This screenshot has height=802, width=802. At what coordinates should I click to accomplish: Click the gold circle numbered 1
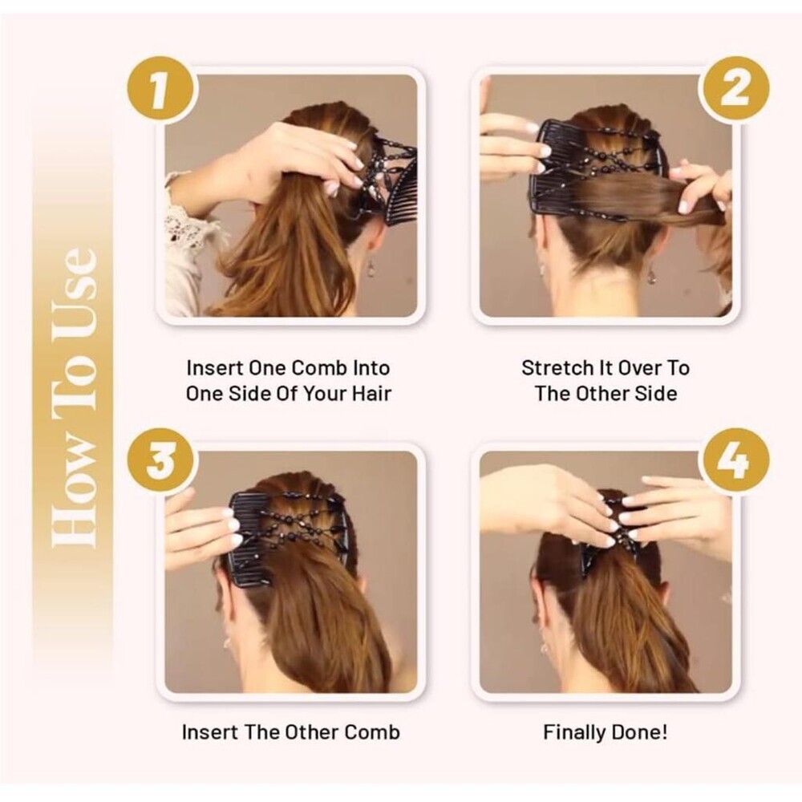(160, 91)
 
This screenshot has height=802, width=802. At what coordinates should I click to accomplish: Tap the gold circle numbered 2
(735, 91)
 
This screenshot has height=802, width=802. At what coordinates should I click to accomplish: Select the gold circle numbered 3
(160, 461)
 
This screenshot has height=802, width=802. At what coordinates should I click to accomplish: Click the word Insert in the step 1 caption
(215, 368)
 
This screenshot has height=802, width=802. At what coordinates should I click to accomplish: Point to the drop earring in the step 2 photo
(652, 276)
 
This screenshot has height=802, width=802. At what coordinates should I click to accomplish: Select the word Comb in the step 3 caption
(372, 732)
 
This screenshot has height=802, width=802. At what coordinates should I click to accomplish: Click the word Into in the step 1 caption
(371, 368)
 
